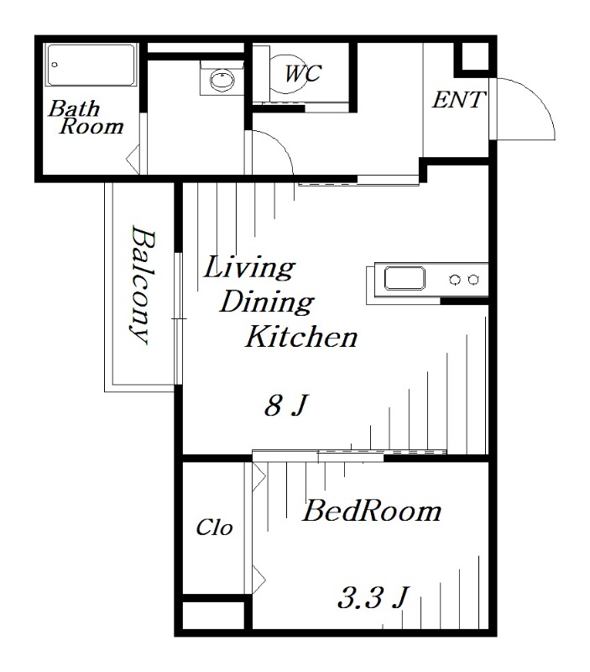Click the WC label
[x=303, y=74]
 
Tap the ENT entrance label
[x=458, y=100]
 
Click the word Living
[x=249, y=268]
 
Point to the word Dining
[x=267, y=302]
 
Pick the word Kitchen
[x=301, y=337]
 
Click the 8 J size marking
[x=286, y=406]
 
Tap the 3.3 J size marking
[x=373, y=597]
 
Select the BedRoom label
[x=372, y=511]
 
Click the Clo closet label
[x=214, y=528]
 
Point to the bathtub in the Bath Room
[x=91, y=66]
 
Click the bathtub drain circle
[x=55, y=65]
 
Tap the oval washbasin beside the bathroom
[x=222, y=79]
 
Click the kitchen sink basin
[x=405, y=278]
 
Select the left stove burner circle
[x=455, y=280]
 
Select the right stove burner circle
[x=473, y=280]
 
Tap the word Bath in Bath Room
[x=74, y=108]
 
